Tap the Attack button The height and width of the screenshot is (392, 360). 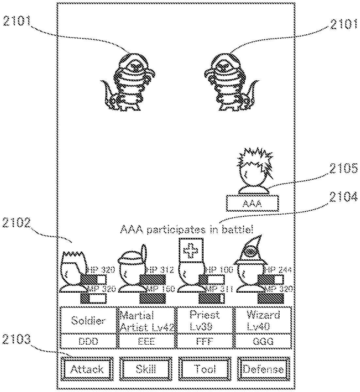tap(87, 369)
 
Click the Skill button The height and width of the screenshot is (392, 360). tap(146, 369)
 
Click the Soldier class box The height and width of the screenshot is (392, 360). tap(89, 320)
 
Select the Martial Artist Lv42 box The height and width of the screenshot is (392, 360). tap(147, 320)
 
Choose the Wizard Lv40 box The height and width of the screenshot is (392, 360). tap(263, 320)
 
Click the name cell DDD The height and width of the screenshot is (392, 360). tap(89, 342)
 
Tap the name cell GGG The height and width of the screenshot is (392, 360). tap(263, 342)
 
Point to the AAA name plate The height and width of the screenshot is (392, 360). tap(252, 204)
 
